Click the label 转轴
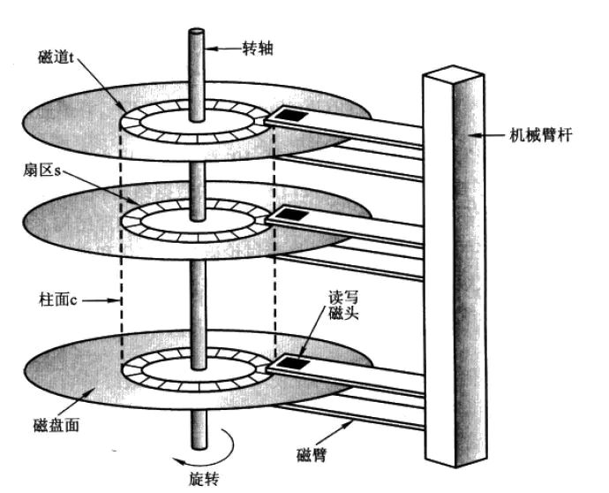tap(259, 49)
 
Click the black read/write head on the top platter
tap(290, 115)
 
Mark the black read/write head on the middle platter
tap(290, 215)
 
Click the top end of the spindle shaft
tap(195, 34)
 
